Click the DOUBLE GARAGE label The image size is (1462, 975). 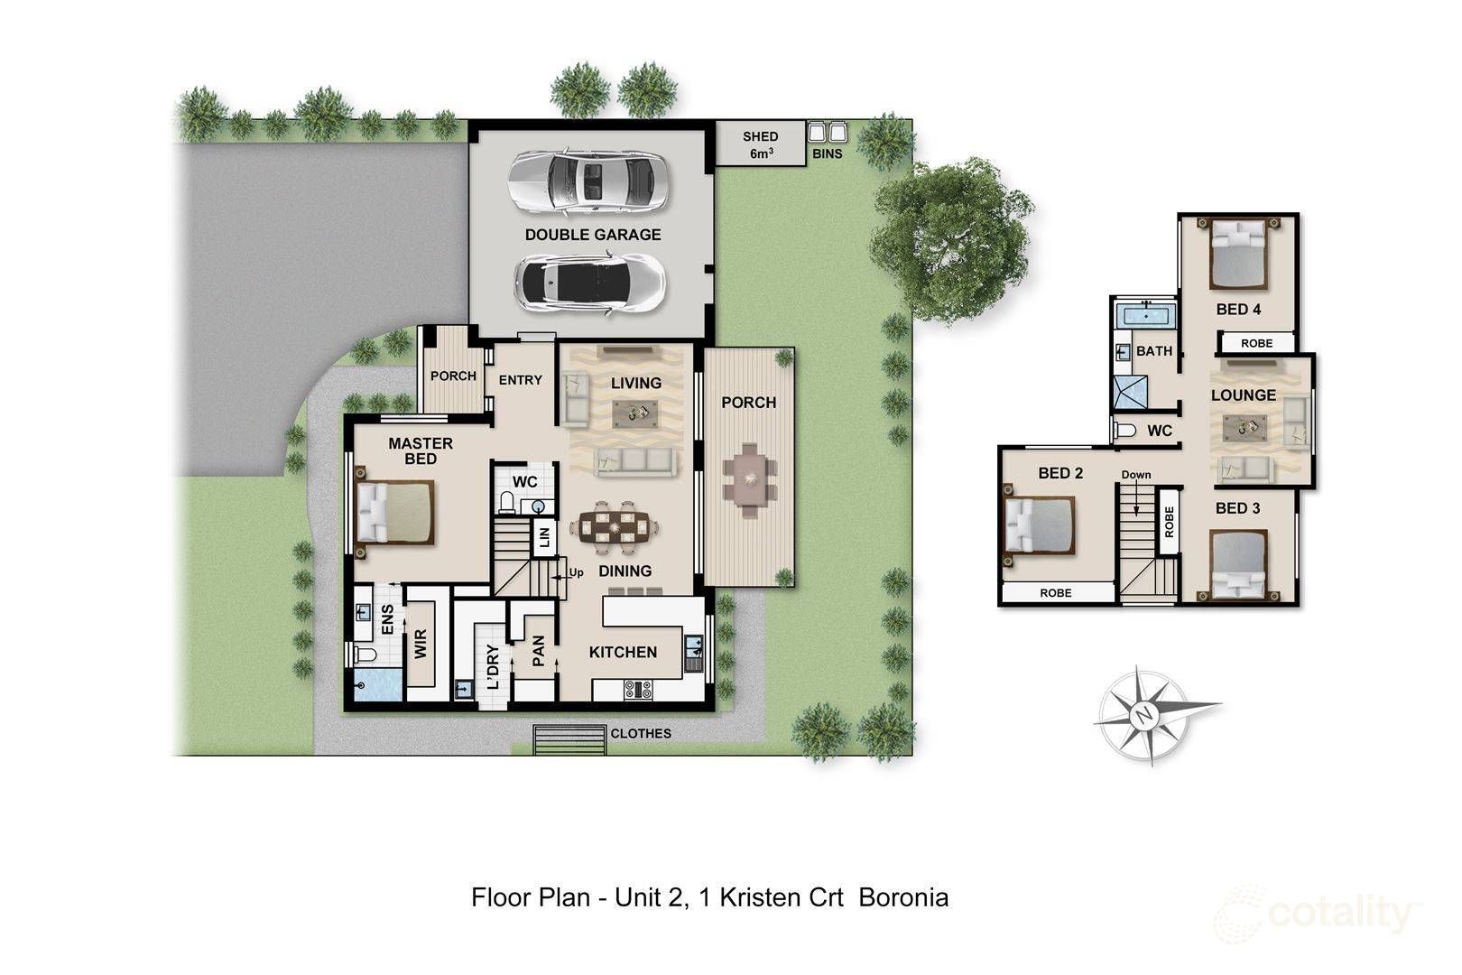tap(593, 235)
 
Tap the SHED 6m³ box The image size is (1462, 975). tap(761, 143)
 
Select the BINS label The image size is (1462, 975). tap(827, 154)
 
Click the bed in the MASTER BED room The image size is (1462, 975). tap(395, 512)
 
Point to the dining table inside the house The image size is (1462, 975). tap(615, 525)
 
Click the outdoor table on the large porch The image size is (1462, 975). tap(749, 480)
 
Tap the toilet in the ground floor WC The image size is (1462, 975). tap(507, 502)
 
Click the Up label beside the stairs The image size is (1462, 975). tap(576, 572)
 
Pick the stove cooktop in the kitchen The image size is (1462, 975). tap(638, 690)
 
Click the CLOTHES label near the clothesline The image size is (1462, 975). tap(640, 733)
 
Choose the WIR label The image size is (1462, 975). tap(421, 644)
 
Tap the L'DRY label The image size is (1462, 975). tap(494, 667)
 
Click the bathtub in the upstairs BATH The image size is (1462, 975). tap(1146, 315)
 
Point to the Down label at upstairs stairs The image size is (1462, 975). tap(1136, 475)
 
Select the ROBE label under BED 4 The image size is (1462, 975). tap(1256, 343)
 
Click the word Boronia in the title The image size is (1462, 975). tap(903, 898)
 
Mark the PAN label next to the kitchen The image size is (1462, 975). tap(539, 650)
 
